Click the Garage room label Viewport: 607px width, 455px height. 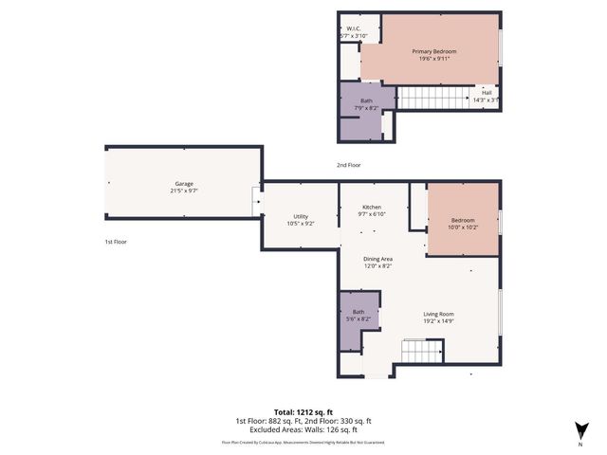click(184, 183)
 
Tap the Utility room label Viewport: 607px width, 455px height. click(300, 216)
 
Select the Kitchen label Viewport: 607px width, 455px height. click(372, 208)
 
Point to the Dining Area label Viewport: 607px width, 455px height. click(379, 259)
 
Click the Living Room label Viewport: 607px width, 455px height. click(438, 314)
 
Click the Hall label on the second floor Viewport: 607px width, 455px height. click(486, 92)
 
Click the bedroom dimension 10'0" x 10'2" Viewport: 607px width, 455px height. click(463, 227)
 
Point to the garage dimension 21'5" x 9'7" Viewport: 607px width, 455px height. click(184, 191)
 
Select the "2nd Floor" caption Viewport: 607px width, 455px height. click(348, 165)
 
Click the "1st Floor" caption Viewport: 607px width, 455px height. click(115, 242)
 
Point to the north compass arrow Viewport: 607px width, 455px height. click(579, 429)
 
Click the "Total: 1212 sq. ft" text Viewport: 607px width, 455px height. click(303, 412)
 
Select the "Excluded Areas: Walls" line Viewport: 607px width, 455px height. click(303, 428)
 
